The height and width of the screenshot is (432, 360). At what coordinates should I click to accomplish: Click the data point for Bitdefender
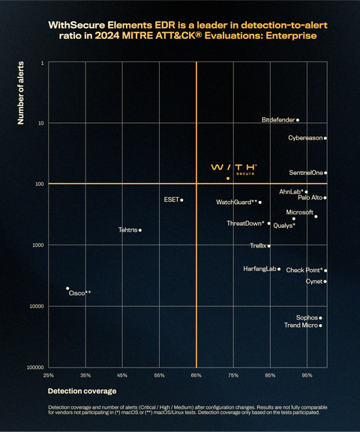pyautogui.click(x=298, y=120)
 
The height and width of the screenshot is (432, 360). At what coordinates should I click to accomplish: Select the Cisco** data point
pyautogui.click(x=67, y=288)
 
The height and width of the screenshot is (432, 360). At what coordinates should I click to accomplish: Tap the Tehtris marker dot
pyautogui.click(x=140, y=229)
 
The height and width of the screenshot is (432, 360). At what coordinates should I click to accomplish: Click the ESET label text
pyautogui.click(x=171, y=200)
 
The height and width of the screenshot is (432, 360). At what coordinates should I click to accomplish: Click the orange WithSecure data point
pyautogui.click(x=228, y=178)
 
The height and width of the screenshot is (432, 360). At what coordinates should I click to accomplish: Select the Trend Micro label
pyautogui.click(x=300, y=325)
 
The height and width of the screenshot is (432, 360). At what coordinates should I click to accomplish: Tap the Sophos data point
pyautogui.click(x=320, y=318)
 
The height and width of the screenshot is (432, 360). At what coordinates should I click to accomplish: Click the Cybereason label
pyautogui.click(x=304, y=138)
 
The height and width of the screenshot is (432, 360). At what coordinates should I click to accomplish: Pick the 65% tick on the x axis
pyautogui.click(x=196, y=374)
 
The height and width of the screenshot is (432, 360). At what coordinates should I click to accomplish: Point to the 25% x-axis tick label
pyautogui.click(x=48, y=374)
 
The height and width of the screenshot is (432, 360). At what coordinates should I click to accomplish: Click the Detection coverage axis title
pyautogui.click(x=82, y=391)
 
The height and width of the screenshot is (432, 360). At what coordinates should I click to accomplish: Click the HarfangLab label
pyautogui.click(x=259, y=268)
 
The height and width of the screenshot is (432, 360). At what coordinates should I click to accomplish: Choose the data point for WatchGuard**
pyautogui.click(x=260, y=202)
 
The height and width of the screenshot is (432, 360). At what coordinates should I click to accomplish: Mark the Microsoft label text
pyautogui.click(x=299, y=212)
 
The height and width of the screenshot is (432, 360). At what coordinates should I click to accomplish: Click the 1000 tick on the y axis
pyautogui.click(x=37, y=245)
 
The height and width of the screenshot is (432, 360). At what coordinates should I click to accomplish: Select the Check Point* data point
pyautogui.click(x=325, y=270)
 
